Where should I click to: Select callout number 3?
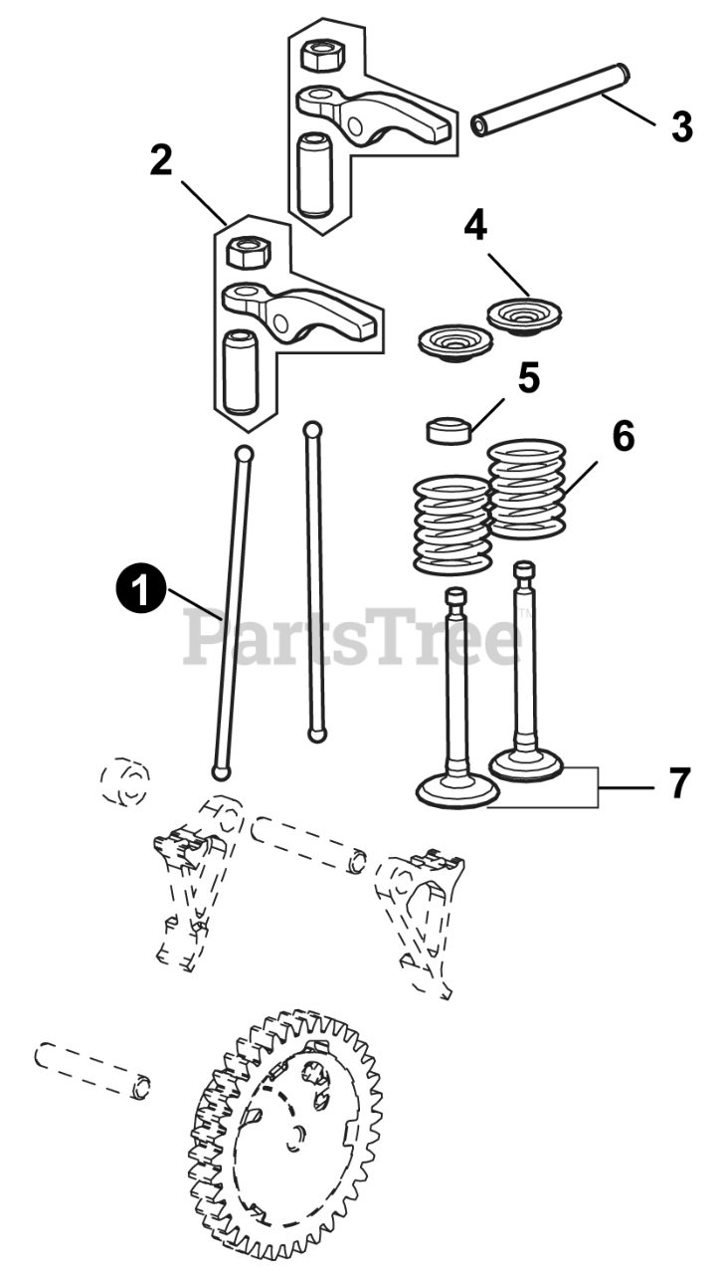(681, 126)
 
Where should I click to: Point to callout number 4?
(475, 226)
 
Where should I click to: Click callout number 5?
(528, 378)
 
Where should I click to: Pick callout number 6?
(623, 436)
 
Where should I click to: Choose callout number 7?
(678, 783)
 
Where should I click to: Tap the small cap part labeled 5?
(448, 430)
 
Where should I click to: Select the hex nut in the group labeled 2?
(246, 252)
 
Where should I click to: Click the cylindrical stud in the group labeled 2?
(239, 371)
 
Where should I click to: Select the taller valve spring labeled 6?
(527, 489)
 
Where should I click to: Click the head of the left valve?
(457, 790)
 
